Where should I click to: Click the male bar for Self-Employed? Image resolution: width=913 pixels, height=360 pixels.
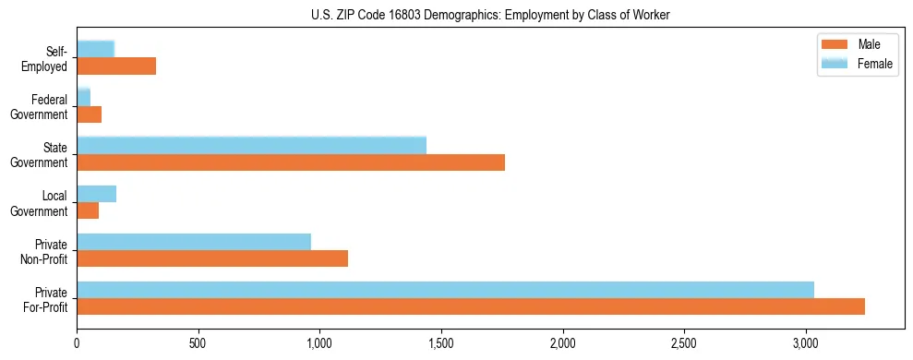pos(116,66)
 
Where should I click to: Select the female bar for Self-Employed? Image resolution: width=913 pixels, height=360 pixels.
pos(96,49)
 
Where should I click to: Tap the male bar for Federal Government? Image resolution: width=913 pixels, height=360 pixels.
pos(90,114)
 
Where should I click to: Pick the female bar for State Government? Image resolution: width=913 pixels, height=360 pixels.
pos(252,145)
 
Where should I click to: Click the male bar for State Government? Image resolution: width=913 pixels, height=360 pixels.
pos(291,162)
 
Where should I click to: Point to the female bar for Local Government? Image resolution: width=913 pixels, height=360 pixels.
pos(97,194)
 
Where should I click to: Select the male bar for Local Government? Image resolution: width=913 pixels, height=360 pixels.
pos(88,210)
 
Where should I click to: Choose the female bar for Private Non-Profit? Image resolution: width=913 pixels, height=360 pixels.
pos(194,242)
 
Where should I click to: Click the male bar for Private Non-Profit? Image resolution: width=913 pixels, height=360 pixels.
pos(212,258)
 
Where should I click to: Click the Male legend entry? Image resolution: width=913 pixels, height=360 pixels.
pos(857,45)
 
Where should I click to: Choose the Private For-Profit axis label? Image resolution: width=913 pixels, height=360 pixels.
pos(44,299)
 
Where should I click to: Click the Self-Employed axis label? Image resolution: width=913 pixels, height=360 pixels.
pos(46,59)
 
